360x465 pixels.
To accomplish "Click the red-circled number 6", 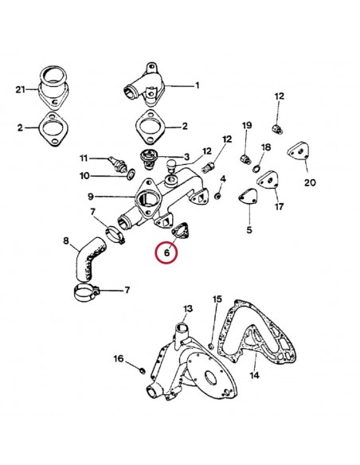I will point(166,253).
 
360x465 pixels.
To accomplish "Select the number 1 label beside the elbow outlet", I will point(197,84).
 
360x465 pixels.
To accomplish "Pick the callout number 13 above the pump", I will point(187,308).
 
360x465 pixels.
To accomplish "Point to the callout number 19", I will point(246,126).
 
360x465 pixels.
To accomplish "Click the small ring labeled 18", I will point(255,168).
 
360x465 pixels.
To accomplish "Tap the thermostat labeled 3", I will point(147,160).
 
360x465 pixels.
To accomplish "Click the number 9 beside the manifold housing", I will point(91,196).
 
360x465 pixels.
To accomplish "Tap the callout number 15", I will point(217,299).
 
